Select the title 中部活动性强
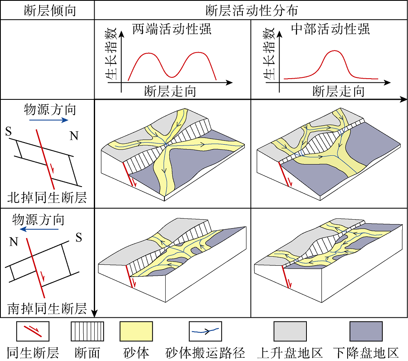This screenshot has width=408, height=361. (331, 29)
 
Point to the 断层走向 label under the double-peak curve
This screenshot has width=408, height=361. (170, 91)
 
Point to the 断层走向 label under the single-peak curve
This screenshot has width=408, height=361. (338, 91)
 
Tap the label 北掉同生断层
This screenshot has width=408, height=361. (47, 198)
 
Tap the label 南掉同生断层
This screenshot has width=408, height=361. (47, 308)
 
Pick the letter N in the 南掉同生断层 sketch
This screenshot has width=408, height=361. (13, 242)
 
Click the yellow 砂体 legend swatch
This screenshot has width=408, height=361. (136, 331)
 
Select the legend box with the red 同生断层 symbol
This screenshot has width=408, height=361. (33, 331)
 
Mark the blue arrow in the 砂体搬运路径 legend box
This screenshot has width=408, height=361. (206, 331)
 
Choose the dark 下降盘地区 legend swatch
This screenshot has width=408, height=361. (366, 331)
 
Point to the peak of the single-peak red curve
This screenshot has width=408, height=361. (335, 51)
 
